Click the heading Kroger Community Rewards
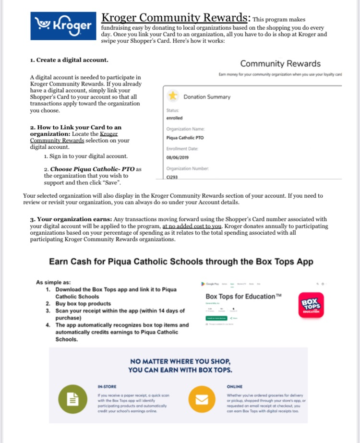pyautogui.click(x=176, y=18)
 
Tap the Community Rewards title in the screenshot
pyautogui.click(x=280, y=63)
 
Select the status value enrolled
pyautogui.click(x=174, y=118)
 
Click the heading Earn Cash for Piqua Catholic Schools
pyautogui.click(x=181, y=262)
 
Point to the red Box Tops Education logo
pyautogui.click(x=311, y=305)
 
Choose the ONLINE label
pyautogui.click(x=234, y=386)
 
